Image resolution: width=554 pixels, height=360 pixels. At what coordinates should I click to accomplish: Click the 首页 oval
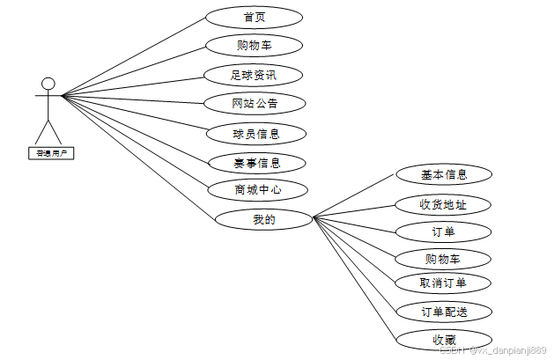(x=254, y=18)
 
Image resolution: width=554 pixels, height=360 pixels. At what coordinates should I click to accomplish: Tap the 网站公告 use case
(x=255, y=104)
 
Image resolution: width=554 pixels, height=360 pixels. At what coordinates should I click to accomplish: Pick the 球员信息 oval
(x=256, y=134)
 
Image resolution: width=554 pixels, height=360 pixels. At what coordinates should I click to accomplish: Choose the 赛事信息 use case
(x=256, y=163)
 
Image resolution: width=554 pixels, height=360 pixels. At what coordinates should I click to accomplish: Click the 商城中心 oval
(x=257, y=190)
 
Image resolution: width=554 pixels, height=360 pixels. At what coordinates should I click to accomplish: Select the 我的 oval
(x=263, y=220)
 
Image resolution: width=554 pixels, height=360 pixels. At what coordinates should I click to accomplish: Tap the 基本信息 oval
(x=443, y=174)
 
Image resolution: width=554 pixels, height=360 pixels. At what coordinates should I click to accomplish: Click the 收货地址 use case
(x=442, y=205)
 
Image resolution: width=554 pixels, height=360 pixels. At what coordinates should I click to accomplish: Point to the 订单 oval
(x=442, y=231)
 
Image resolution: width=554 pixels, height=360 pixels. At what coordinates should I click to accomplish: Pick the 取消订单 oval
(x=442, y=283)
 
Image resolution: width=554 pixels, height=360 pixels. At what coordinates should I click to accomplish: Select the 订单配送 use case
(x=443, y=312)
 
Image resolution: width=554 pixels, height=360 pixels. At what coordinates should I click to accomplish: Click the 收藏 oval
(x=442, y=340)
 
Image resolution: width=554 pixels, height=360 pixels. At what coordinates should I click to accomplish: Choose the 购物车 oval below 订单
(x=442, y=259)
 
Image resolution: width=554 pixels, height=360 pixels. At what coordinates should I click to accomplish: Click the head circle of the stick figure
(x=48, y=84)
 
